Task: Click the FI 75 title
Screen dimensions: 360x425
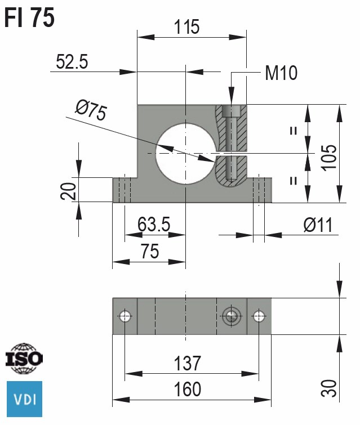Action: tap(29, 17)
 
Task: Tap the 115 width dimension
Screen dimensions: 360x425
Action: tap(186, 27)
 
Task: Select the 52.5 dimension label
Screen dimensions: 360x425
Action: tap(72, 61)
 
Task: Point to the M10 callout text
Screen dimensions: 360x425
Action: tap(281, 73)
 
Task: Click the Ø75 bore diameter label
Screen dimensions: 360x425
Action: tap(91, 110)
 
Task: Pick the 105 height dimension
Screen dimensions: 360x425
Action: tap(329, 158)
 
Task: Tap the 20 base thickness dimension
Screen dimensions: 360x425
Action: tap(68, 191)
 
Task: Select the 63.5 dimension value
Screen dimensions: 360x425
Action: tap(154, 224)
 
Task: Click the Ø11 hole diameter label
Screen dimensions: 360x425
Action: tap(318, 225)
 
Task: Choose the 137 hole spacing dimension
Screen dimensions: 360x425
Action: tap(187, 364)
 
